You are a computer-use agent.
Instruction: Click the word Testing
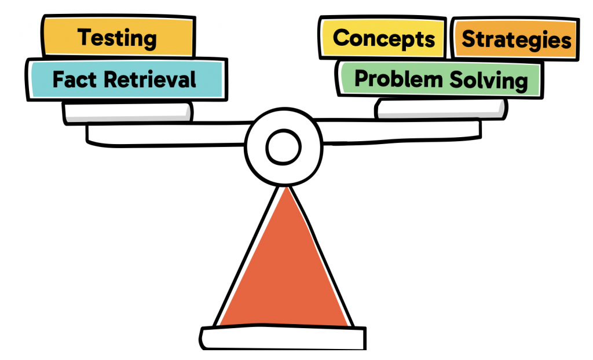point(118,38)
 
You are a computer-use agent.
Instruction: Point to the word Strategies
point(516,39)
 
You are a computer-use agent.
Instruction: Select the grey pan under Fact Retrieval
point(127,112)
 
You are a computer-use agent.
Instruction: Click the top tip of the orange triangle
point(284,188)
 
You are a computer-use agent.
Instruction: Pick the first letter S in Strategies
point(468,39)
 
